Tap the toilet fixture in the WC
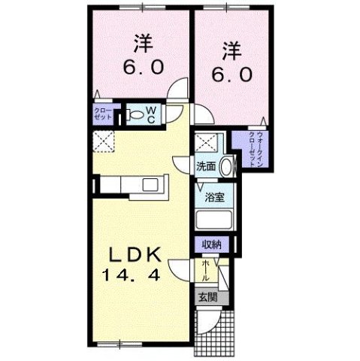(x=135, y=114)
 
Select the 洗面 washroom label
(x=206, y=166)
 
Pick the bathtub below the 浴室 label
(x=214, y=221)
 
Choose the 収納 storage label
(x=211, y=245)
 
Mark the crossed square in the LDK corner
(x=104, y=141)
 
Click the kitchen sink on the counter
(x=147, y=185)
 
